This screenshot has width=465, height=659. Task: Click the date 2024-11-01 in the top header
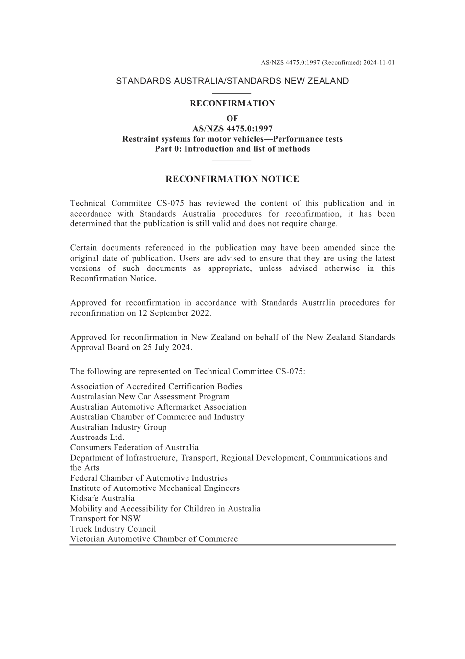coord(378,63)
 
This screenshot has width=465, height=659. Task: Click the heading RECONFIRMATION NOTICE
coord(232,179)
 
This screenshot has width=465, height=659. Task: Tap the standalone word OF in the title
coord(232,118)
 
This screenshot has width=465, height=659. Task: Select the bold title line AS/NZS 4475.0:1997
coord(232,129)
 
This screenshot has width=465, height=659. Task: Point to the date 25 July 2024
coord(167,347)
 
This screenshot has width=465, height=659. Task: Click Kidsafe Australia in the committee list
coord(102,498)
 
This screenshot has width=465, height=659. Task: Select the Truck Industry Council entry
coord(113,529)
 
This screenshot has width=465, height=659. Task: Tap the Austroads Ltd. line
coord(97,438)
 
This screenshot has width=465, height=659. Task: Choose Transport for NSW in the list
coord(106,518)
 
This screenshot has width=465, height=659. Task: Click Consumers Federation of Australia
coord(135,447)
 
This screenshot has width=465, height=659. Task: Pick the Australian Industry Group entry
coord(118,427)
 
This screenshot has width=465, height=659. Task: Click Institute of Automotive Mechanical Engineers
coord(155,488)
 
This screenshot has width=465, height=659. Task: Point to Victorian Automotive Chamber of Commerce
coord(154,539)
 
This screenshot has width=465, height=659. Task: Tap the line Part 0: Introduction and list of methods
coord(232,149)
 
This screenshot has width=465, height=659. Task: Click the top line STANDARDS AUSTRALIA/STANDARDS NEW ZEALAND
coord(232,81)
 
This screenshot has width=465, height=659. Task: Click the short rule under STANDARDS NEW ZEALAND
coord(232,93)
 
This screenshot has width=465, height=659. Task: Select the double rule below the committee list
coord(232,545)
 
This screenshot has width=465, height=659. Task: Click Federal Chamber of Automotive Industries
coord(149,478)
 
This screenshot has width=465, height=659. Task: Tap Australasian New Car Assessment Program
coord(150,397)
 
